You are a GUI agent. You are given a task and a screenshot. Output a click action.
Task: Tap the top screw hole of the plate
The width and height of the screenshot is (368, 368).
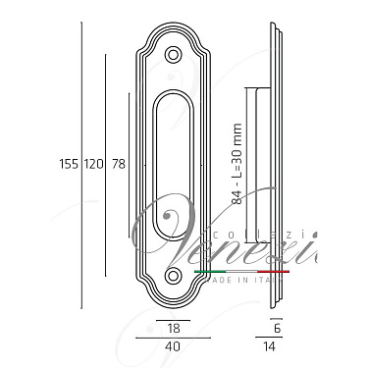coord(174,56)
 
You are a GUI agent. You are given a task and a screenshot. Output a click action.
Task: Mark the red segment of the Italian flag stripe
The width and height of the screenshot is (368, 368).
coord(272,269)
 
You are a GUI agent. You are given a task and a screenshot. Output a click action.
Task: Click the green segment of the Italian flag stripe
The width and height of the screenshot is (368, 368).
coord(210,269)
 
